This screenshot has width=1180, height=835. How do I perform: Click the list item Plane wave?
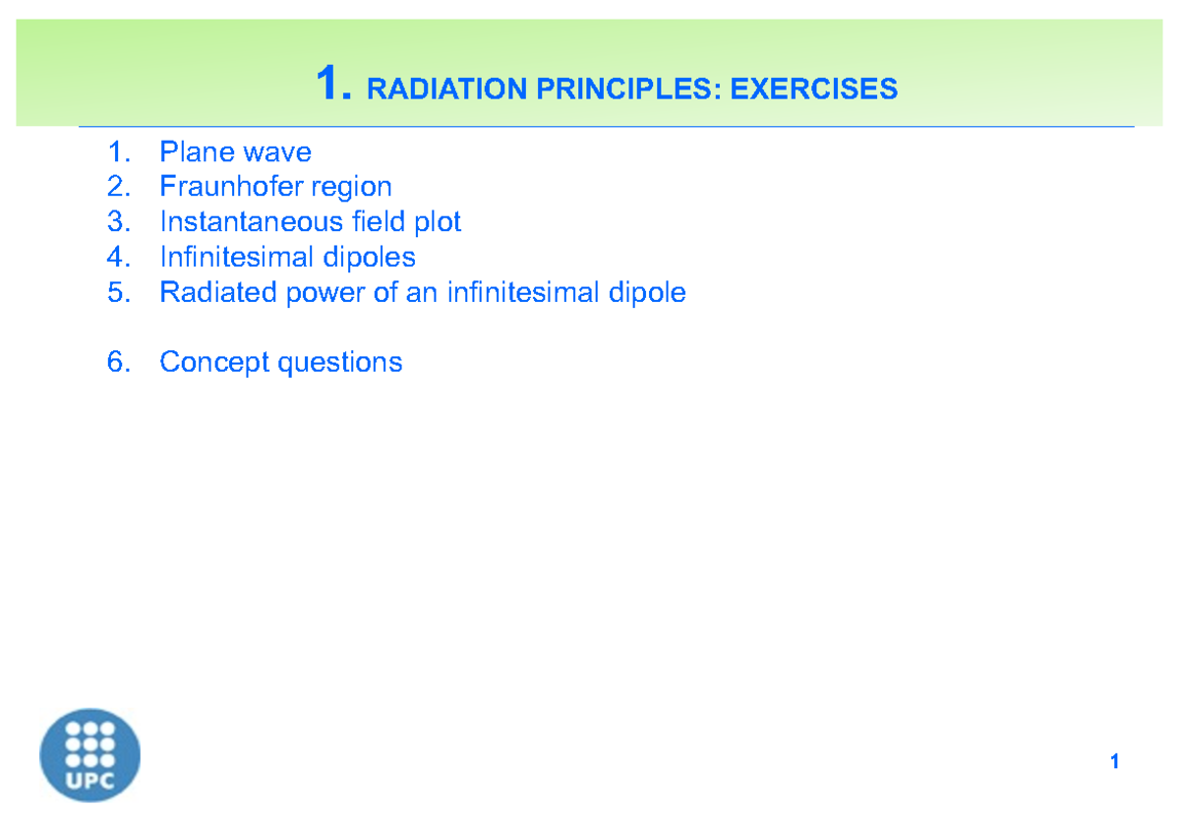click(x=235, y=152)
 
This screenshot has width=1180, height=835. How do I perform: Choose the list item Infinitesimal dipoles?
click(x=287, y=258)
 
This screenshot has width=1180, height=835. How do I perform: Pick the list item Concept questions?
click(x=280, y=363)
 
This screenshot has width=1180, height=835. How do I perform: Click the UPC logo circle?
click(x=89, y=755)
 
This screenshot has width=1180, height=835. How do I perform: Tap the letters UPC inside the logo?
click(x=89, y=782)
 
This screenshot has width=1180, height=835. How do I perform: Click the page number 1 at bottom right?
click(x=1114, y=762)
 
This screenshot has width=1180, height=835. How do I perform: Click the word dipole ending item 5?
click(x=646, y=293)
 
